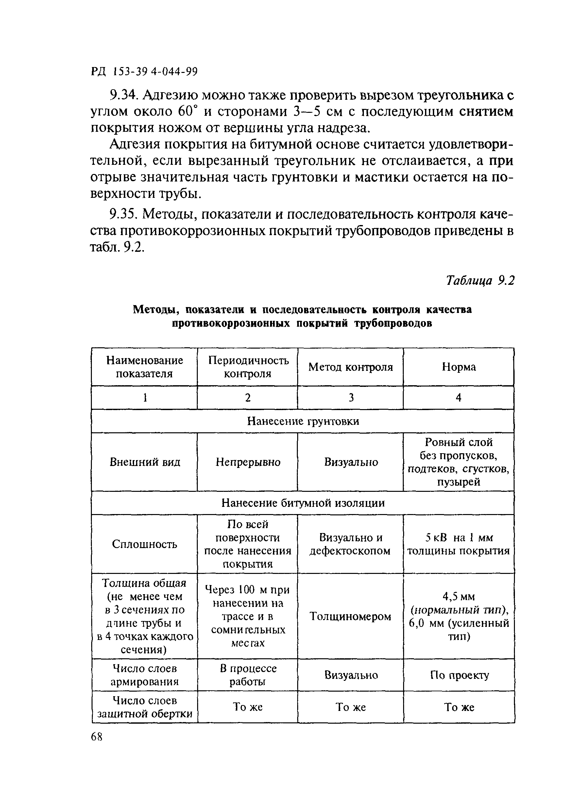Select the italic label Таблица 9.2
[480, 280]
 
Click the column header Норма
[459, 367]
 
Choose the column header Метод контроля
[350, 367]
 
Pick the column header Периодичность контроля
[248, 367]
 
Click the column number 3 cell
[351, 398]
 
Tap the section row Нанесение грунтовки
[303, 421]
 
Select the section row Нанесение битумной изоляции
[303, 503]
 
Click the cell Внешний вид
[145, 462]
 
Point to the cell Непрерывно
[248, 462]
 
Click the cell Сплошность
[145, 544]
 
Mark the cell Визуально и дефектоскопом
[350, 544]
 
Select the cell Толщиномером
[350, 616]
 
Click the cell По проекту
[459, 675]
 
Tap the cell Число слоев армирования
[145, 675]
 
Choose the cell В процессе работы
[248, 675]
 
